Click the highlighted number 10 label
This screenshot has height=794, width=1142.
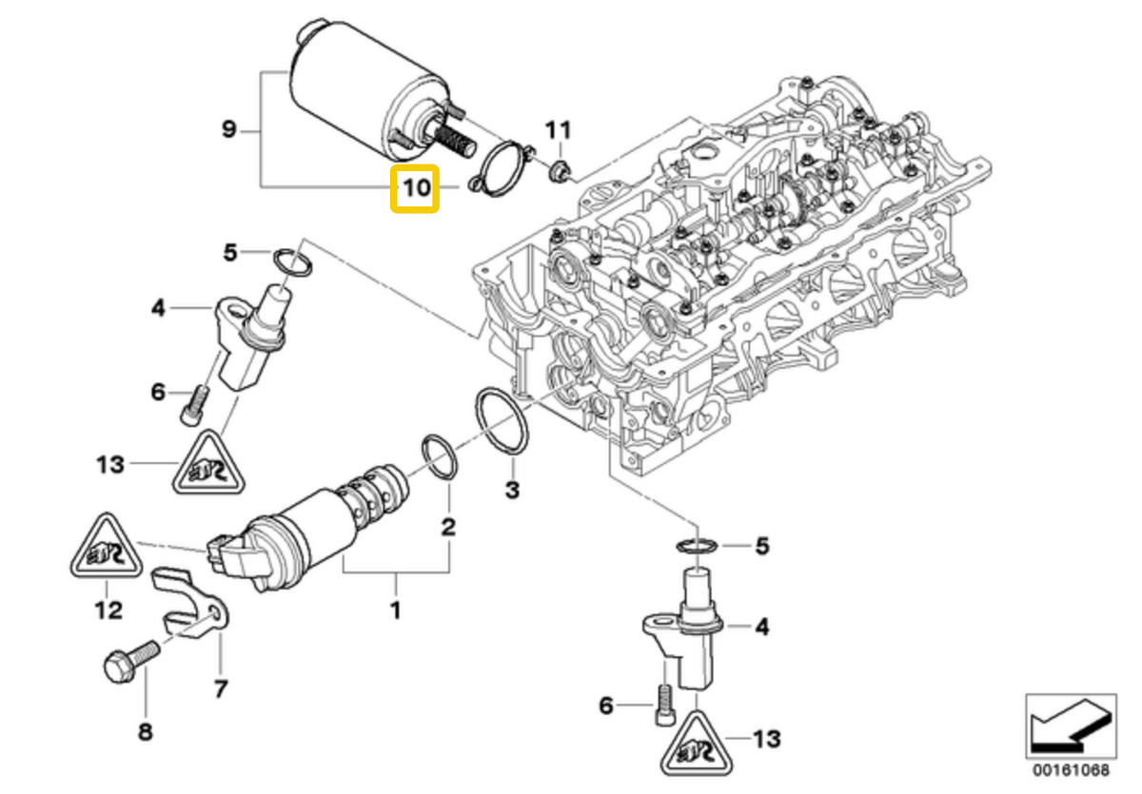pyautogui.click(x=416, y=187)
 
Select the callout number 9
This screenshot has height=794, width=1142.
pyautogui.click(x=228, y=128)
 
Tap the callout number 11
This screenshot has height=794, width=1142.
pyautogui.click(x=559, y=128)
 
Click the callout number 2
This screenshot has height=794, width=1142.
pyautogui.click(x=447, y=526)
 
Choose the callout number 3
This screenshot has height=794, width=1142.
pyautogui.click(x=512, y=490)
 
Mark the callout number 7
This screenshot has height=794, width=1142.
pyautogui.click(x=220, y=687)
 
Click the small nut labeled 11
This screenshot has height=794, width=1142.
pyautogui.click(x=560, y=172)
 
